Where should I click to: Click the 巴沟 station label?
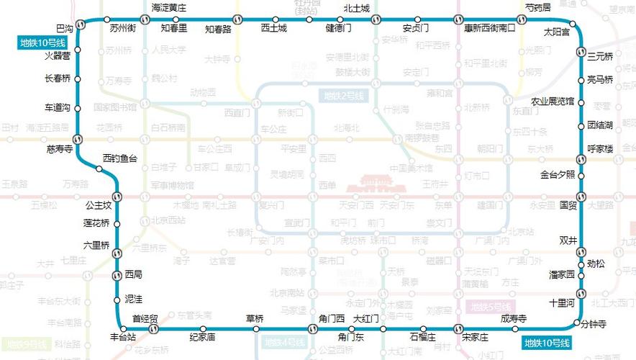[64, 28]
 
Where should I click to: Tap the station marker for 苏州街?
[107, 19]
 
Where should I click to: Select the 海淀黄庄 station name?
[169, 8]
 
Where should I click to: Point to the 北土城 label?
[356, 8]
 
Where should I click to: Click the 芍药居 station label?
[538, 7]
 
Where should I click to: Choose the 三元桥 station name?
[600, 56]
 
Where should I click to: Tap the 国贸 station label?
[568, 204]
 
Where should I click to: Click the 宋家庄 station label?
[475, 338]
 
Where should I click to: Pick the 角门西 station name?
[332, 319]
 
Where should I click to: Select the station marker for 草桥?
[256, 329]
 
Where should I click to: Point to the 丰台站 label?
[123, 336]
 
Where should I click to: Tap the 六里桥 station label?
[96, 245]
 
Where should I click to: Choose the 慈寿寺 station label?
[59, 150]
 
